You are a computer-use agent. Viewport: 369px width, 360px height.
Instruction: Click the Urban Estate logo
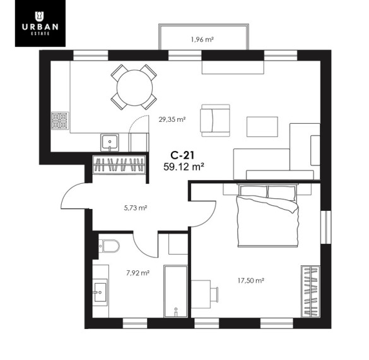(40, 23)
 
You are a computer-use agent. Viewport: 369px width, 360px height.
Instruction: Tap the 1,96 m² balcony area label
(202, 39)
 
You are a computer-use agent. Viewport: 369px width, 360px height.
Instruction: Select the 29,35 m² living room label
(172, 119)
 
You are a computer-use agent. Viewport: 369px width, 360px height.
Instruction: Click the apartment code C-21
(182, 155)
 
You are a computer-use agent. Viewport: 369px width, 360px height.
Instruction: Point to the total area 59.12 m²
(184, 167)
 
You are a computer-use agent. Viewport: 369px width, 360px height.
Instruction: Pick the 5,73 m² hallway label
(136, 208)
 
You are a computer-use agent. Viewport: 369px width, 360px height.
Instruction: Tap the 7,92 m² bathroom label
(138, 273)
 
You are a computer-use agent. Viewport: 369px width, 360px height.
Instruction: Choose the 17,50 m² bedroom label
(250, 280)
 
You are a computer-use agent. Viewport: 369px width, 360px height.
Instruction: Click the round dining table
(134, 88)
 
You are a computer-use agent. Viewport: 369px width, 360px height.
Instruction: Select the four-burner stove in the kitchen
(60, 121)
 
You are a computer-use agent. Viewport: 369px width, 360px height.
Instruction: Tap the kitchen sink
(110, 143)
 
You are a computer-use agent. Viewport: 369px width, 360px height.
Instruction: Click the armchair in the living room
(215, 121)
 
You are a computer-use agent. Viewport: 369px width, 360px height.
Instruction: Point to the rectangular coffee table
(262, 127)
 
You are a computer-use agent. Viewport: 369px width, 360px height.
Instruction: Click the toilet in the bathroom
(109, 246)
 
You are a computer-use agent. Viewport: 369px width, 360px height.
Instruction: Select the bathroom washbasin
(100, 292)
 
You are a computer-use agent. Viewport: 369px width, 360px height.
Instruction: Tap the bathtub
(176, 291)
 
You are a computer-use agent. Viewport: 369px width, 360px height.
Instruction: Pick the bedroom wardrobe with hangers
(310, 291)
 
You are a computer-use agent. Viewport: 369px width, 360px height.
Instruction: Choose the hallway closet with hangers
(119, 164)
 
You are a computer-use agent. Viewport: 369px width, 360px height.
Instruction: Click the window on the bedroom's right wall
(326, 227)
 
